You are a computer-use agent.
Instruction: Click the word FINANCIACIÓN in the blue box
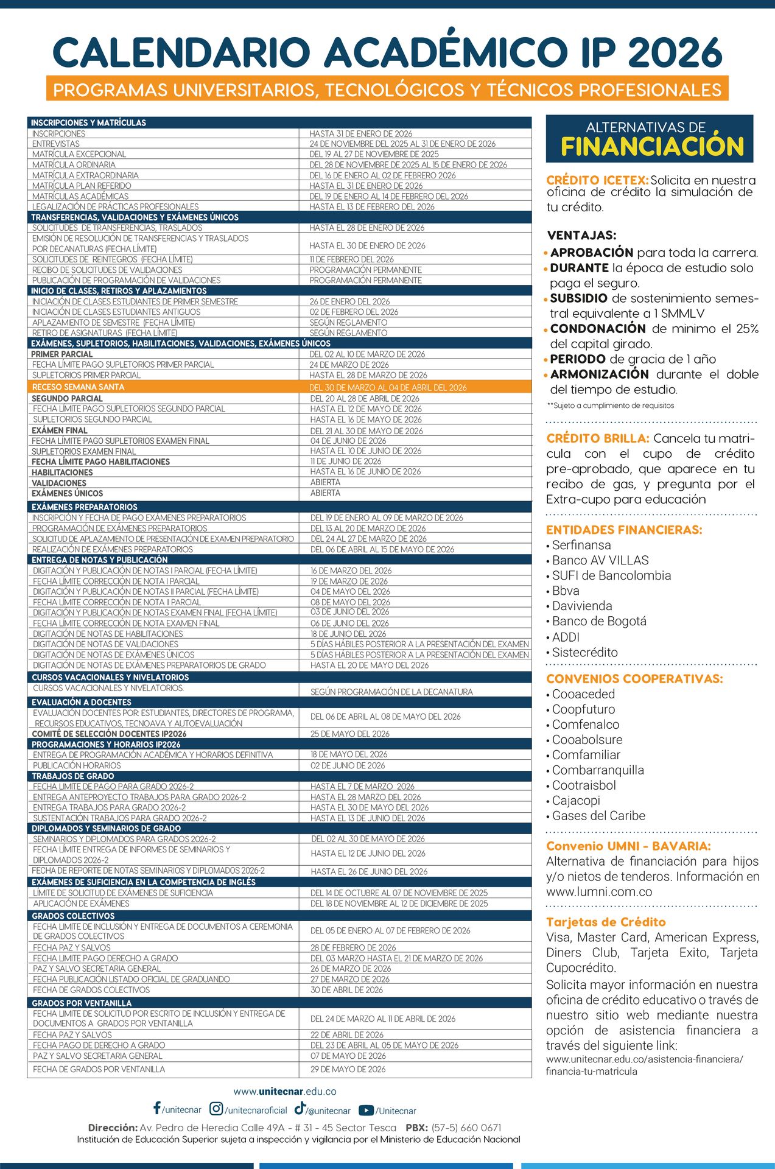click(652, 147)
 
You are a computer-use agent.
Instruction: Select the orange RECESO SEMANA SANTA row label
click(78, 387)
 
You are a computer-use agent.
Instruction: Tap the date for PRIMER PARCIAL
click(367, 354)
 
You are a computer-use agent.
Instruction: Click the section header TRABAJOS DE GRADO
click(73, 776)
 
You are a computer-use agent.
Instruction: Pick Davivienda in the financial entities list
click(581, 606)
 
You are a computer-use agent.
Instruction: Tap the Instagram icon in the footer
click(216, 1109)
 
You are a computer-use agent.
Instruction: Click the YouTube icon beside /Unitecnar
click(366, 1111)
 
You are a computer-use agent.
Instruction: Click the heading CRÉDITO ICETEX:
click(597, 180)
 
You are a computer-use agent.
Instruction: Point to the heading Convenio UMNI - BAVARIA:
click(628, 846)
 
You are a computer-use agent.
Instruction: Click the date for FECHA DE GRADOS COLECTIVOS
click(346, 990)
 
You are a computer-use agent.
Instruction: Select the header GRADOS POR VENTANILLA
click(82, 1003)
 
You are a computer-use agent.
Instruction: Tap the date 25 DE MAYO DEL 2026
click(349, 734)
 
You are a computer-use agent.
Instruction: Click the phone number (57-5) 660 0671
click(466, 1128)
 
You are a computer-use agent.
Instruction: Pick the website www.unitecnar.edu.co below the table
click(285, 1092)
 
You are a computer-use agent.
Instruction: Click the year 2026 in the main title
click(674, 53)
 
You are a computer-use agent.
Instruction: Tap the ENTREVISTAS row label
click(56, 144)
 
